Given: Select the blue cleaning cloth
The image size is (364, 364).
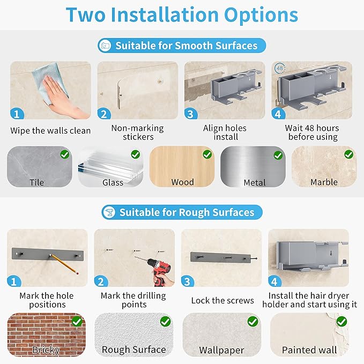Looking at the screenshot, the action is tap(50, 81).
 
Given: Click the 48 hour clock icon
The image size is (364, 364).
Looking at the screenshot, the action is tap(279, 68).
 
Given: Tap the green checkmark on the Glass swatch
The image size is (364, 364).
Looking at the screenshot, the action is tap(135, 154).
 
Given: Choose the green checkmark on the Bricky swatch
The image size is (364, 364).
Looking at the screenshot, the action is tap(77, 322).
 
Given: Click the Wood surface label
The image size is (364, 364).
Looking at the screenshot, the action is tap(182, 182).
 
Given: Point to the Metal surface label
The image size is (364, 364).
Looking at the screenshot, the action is tap(255, 183).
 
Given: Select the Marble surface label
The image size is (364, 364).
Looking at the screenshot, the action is tap(324, 182).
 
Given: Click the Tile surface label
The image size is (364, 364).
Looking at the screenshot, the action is tap(36, 182).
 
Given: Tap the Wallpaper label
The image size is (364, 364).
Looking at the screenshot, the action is tap(221, 350).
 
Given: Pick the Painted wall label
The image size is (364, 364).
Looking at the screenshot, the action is tap(309, 350).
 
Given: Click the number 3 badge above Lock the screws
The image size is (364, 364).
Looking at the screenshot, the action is tap(187, 281).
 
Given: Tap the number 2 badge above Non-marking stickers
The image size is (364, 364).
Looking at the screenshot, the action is tap(104, 114).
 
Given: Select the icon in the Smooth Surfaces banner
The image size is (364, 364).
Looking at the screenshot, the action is tap(105, 45).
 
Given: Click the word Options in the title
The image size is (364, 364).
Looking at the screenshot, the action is tap(261, 16).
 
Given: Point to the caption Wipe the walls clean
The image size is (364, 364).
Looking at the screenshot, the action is tap(50, 131).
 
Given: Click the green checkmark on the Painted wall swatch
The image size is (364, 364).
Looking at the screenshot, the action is tap(341, 322).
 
